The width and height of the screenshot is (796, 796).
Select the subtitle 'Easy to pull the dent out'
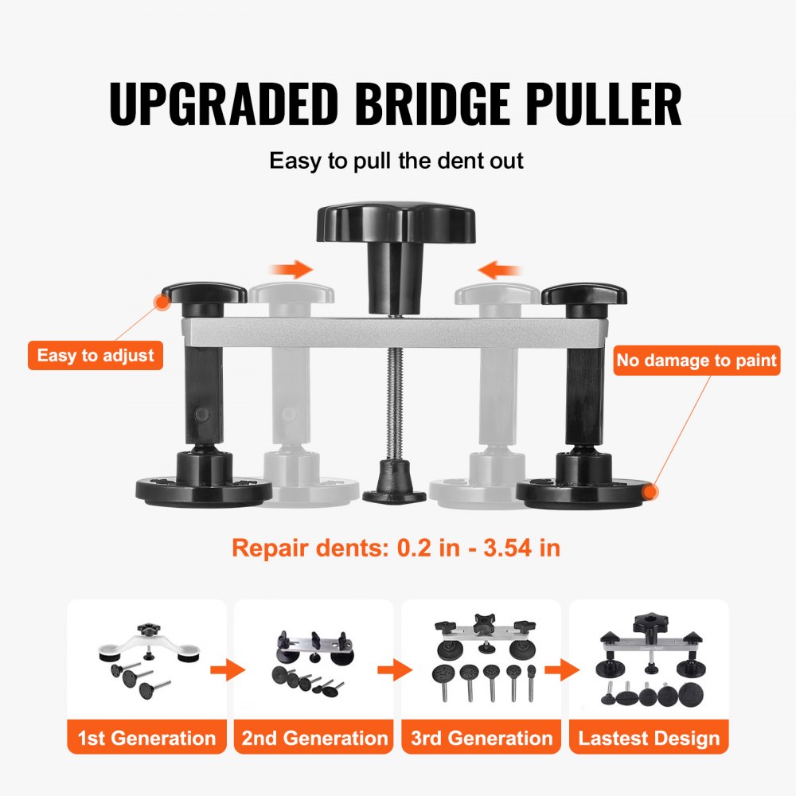(x=396, y=161)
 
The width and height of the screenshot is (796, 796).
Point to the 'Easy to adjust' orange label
(x=96, y=355)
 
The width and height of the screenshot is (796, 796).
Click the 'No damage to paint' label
(x=696, y=361)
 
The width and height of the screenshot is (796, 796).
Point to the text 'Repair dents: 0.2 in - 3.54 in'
(x=396, y=548)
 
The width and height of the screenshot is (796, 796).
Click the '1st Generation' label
(x=146, y=738)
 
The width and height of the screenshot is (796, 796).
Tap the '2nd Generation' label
(x=314, y=738)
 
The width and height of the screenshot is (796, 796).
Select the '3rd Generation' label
(x=482, y=738)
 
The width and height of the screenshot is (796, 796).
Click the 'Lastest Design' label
(x=649, y=738)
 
